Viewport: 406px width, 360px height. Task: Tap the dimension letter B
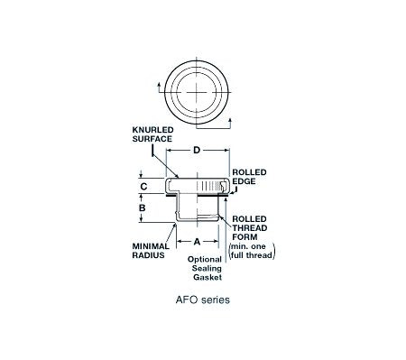[143, 209]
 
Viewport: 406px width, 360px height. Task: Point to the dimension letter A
[198, 242]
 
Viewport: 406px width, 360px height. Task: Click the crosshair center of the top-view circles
[196, 92]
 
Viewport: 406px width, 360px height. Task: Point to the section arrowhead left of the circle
[160, 83]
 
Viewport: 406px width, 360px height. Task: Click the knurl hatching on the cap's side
[216, 187]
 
